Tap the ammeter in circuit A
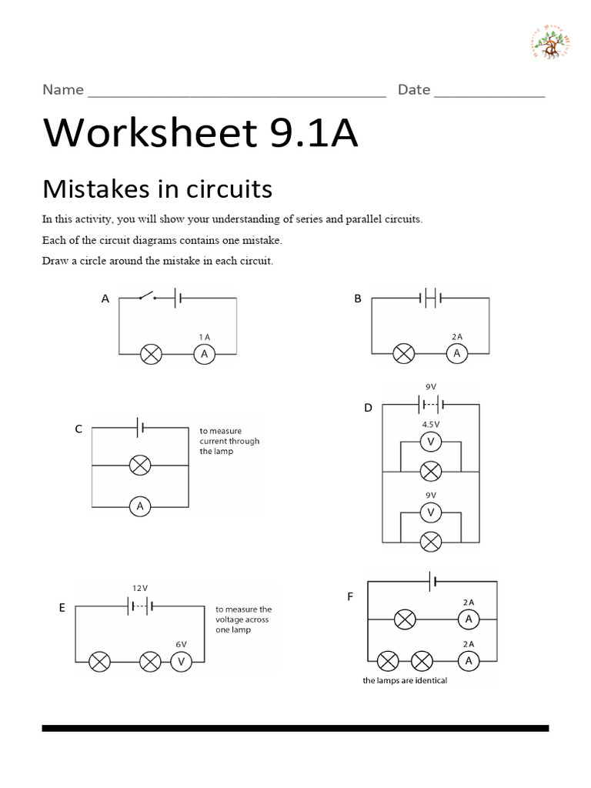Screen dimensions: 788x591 204,354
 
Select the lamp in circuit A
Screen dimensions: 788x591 151,354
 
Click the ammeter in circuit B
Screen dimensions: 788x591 456,354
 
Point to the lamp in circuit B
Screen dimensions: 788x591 403,354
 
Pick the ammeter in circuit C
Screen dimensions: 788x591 139,506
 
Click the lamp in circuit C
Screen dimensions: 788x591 139,465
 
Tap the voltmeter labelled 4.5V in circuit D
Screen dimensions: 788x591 431,442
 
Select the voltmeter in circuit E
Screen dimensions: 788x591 181,661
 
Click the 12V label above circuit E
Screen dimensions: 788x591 139,588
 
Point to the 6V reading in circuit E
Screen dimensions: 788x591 181,643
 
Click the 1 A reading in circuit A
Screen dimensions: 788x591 204,337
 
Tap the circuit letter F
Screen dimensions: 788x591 350,596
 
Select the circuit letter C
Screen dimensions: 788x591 78,429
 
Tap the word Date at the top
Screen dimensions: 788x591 414,90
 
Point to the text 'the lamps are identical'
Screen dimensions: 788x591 405,681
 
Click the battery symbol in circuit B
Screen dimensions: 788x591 430,296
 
